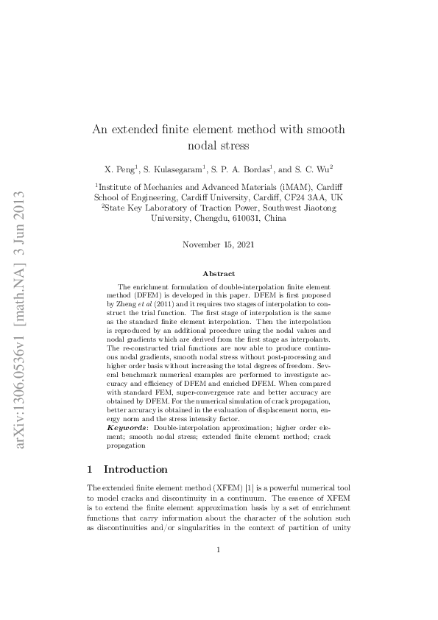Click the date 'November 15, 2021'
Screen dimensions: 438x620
tap(219, 244)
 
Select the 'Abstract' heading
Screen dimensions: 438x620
tap(219, 273)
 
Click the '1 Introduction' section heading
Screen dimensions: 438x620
tap(127, 469)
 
